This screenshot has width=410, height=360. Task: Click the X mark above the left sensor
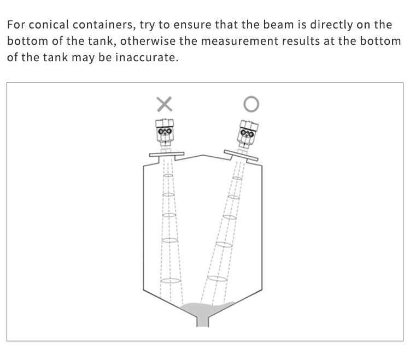click(x=165, y=104)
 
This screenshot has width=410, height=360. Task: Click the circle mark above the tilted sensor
click(x=251, y=104)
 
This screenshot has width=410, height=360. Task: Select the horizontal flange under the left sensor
click(x=167, y=155)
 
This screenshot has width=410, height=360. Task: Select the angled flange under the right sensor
click(x=241, y=156)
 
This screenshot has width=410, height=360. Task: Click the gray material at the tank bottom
click(x=207, y=310)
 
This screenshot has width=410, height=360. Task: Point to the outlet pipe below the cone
click(x=203, y=322)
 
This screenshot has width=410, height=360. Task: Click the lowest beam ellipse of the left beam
click(x=171, y=281)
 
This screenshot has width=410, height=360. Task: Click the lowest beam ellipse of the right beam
click(x=217, y=279)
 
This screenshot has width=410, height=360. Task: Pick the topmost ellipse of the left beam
click(x=168, y=175)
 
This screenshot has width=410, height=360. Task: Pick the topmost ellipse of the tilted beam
click(x=237, y=178)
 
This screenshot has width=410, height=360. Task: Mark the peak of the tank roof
click(x=203, y=155)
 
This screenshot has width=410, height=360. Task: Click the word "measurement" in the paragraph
click(x=239, y=42)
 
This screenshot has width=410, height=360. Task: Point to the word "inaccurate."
click(x=147, y=57)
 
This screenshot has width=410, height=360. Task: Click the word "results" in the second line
click(x=301, y=41)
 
